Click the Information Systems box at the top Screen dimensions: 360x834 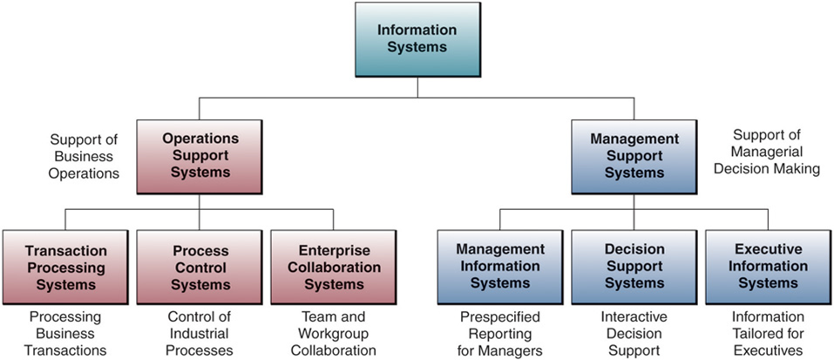[x=417, y=39]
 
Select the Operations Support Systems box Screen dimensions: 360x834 [x=200, y=156]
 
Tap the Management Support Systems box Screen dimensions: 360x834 [x=634, y=156]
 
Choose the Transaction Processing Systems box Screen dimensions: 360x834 [x=66, y=267]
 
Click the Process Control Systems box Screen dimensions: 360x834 [x=200, y=267]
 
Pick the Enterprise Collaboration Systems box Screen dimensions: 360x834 [x=334, y=267]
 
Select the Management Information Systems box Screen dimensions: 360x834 [x=500, y=267]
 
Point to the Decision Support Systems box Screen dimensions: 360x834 [x=634, y=267]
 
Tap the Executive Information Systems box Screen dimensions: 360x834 [x=768, y=267]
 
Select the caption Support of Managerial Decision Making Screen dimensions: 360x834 [x=766, y=153]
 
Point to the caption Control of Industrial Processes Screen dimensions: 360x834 [x=200, y=334]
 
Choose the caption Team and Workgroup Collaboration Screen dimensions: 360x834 [x=334, y=334]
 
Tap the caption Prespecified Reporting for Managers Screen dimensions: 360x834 [x=500, y=334]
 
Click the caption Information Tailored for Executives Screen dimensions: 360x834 [x=767, y=334]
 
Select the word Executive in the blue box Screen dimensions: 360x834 [x=768, y=249]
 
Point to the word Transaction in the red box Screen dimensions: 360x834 [x=66, y=251]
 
